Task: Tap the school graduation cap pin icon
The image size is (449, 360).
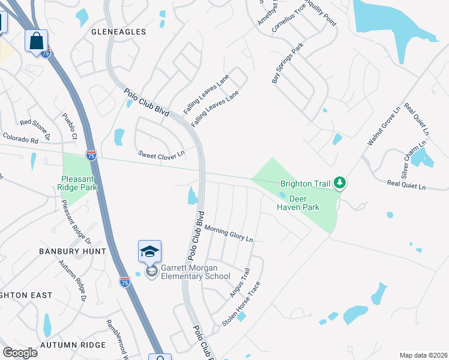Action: [x=149, y=251]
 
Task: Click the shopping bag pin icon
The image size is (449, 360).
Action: [x=36, y=41]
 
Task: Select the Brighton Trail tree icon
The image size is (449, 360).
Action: [x=340, y=182]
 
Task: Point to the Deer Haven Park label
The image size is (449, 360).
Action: [x=298, y=203]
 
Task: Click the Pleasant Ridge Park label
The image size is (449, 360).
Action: [x=79, y=183]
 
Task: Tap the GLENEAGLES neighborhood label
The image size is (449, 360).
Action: [x=118, y=31]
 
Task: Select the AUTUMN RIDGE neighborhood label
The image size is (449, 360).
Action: [x=73, y=345]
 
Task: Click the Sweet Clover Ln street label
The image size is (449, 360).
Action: [x=161, y=156]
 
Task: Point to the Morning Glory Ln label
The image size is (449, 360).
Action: [x=229, y=233]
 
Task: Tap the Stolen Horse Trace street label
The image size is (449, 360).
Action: [x=241, y=304]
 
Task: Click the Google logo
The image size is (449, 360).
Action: [x=20, y=353]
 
